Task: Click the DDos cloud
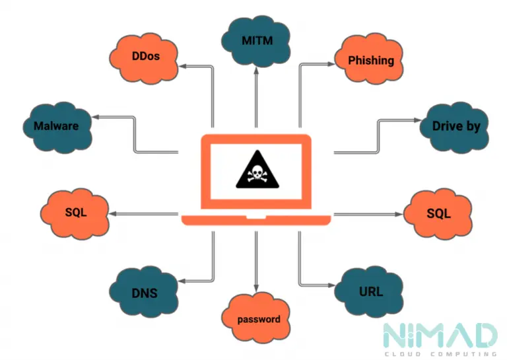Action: (x=144, y=59)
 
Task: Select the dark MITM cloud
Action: (x=255, y=41)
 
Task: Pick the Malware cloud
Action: (x=57, y=127)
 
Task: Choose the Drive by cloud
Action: (x=454, y=127)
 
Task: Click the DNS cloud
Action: (x=144, y=292)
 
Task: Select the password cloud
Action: (x=255, y=318)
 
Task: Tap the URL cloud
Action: (x=369, y=292)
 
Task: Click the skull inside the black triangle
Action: (x=257, y=173)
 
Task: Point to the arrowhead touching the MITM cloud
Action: (x=256, y=71)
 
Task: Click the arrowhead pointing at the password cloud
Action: (x=256, y=288)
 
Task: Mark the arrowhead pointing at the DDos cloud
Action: (x=183, y=66)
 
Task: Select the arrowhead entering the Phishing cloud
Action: (x=331, y=64)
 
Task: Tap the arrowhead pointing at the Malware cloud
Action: (x=96, y=117)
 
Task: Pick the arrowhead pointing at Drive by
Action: (x=418, y=120)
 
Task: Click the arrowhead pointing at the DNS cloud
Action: (x=182, y=281)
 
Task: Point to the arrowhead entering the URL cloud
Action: (x=331, y=285)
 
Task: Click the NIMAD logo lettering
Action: (x=440, y=336)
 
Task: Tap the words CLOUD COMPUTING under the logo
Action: (x=440, y=354)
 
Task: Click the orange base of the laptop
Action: (x=256, y=219)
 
